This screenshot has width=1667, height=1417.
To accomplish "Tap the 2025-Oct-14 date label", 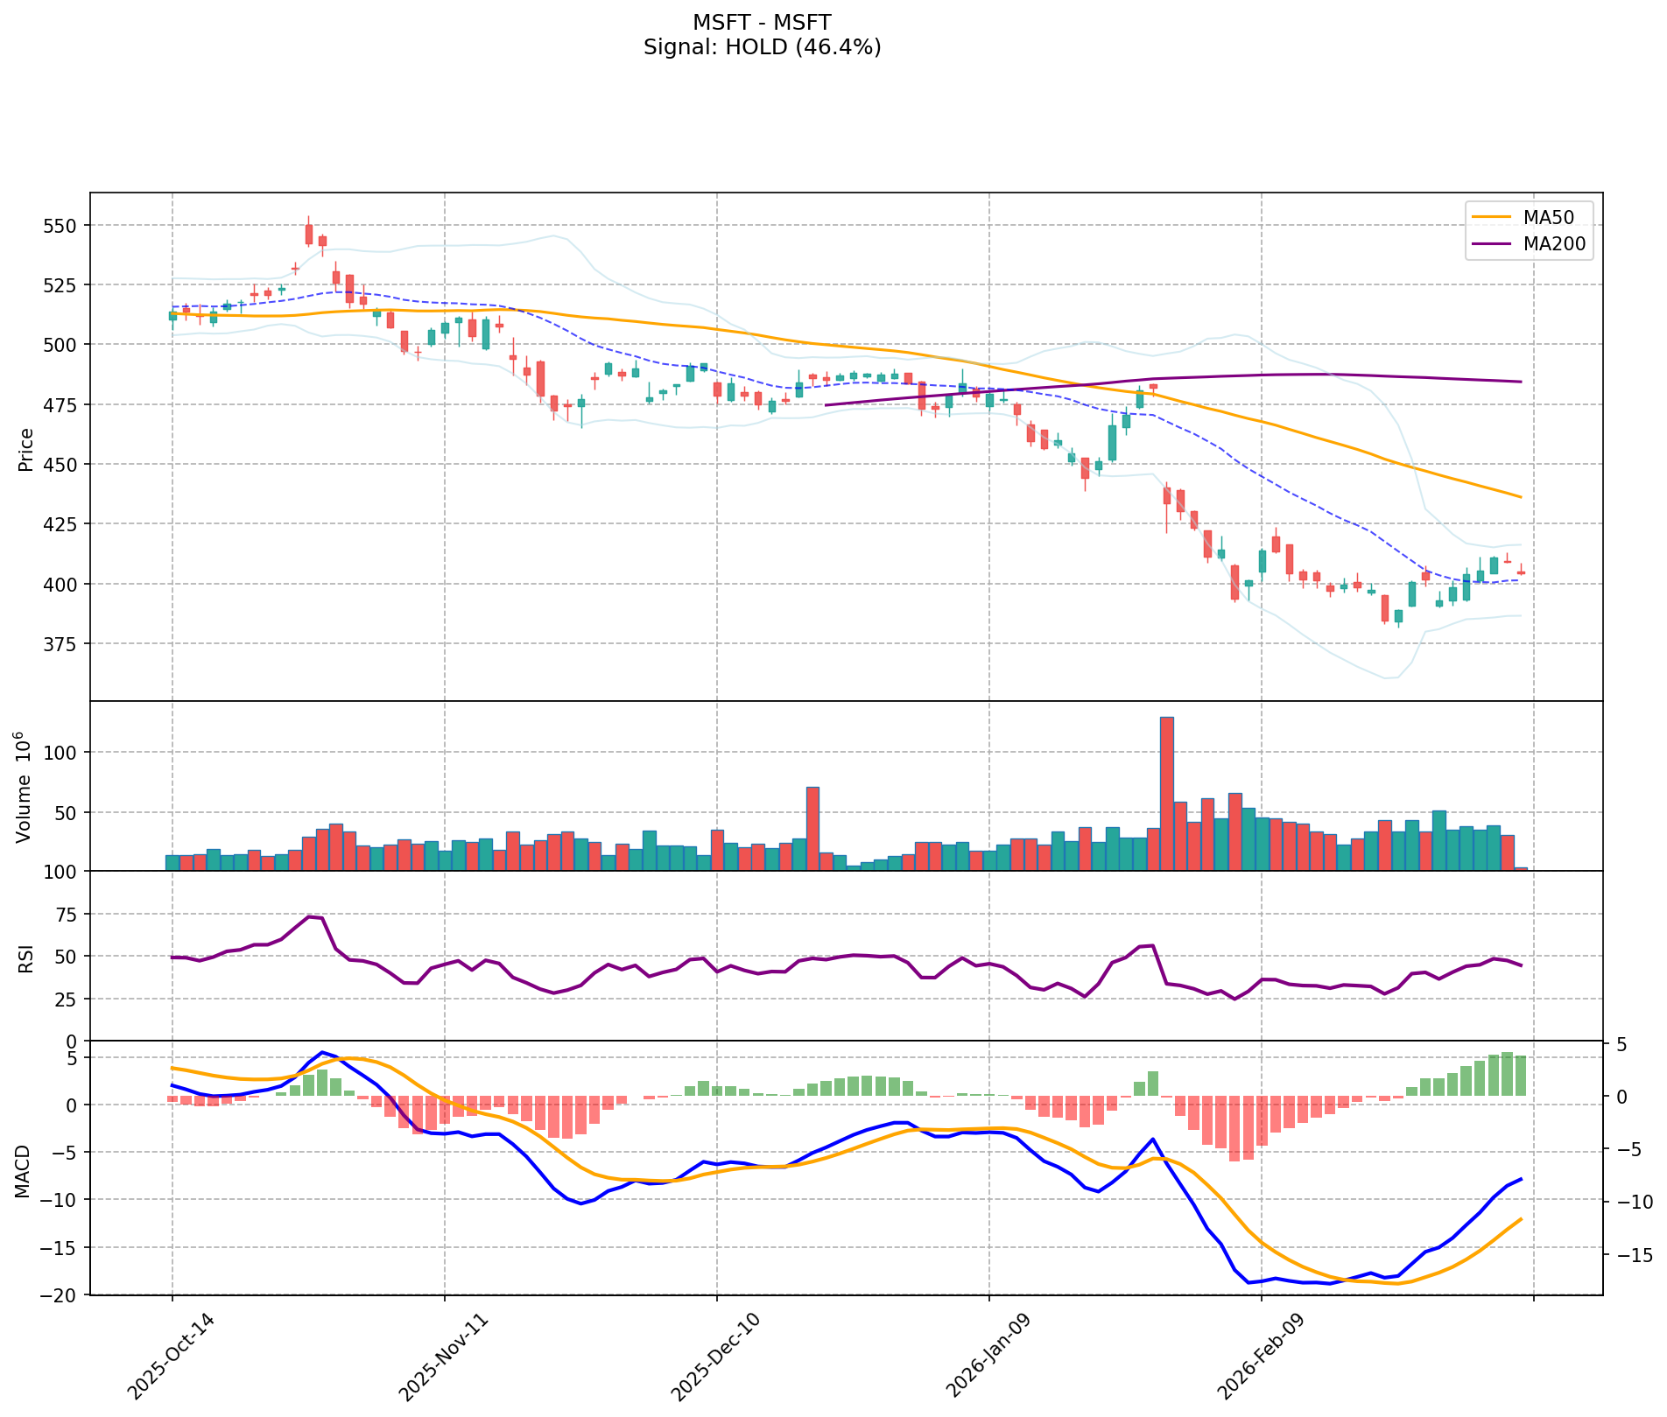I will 166,1353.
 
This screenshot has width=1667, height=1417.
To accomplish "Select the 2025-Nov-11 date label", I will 439,1353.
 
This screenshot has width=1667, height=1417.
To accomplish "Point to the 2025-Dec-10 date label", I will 711,1353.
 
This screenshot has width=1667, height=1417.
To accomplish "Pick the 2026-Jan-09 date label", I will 983,1353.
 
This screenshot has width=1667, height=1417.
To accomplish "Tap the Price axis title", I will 26,450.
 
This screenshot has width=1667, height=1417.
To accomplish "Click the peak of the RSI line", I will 308,916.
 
